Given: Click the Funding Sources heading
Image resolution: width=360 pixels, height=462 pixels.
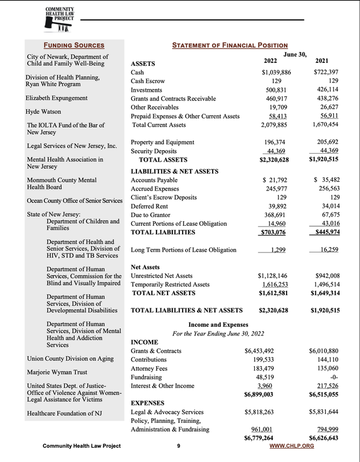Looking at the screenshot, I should coord(74,45).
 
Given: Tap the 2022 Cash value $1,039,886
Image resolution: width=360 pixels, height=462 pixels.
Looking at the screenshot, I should coord(276,72).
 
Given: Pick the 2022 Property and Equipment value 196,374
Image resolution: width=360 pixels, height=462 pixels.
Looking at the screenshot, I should coord(277,142).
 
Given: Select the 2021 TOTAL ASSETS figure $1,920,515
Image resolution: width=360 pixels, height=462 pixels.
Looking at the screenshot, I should coord(324,160).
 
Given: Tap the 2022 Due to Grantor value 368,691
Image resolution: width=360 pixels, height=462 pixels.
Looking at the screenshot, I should coord(277,215).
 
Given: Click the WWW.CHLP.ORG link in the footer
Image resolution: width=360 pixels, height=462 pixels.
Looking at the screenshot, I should coord(296,446).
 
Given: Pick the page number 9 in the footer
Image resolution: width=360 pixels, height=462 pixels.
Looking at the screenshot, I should coord(179,446).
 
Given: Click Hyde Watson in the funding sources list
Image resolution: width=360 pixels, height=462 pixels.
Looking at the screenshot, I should coord(43,111).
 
